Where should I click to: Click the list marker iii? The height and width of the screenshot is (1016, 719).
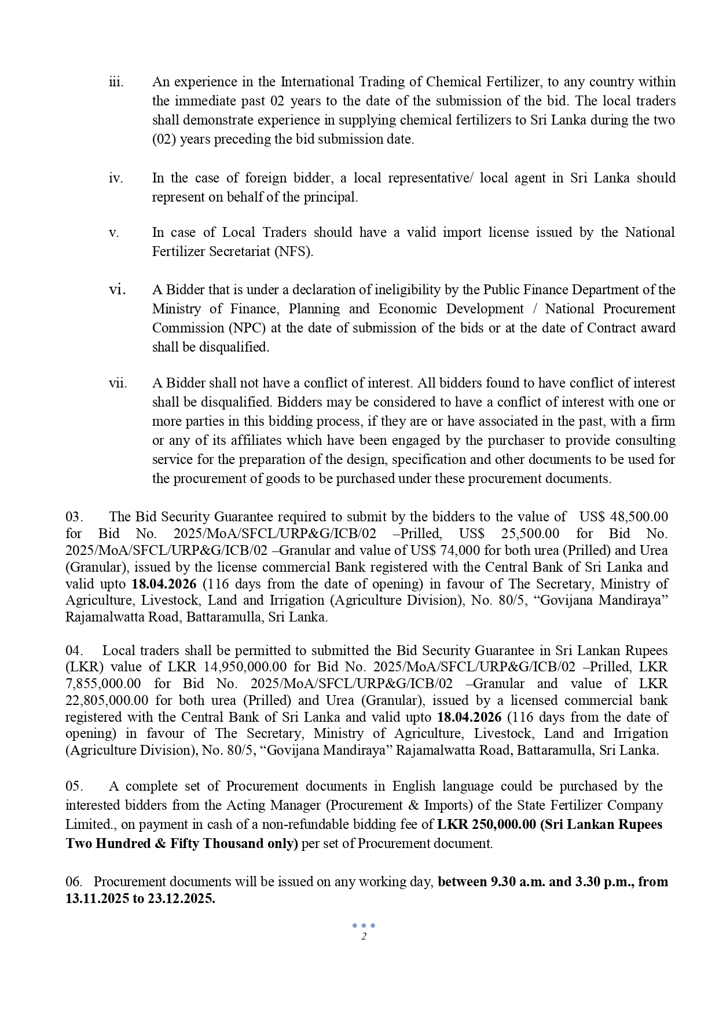tap(116, 82)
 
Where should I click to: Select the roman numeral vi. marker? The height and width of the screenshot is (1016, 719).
tap(118, 290)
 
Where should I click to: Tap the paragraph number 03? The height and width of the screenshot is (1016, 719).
tap(74, 517)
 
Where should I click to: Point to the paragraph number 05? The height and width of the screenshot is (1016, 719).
tap(74, 787)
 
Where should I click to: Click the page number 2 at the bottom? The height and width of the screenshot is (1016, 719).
tap(364, 937)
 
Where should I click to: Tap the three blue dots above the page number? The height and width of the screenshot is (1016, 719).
tap(364, 926)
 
